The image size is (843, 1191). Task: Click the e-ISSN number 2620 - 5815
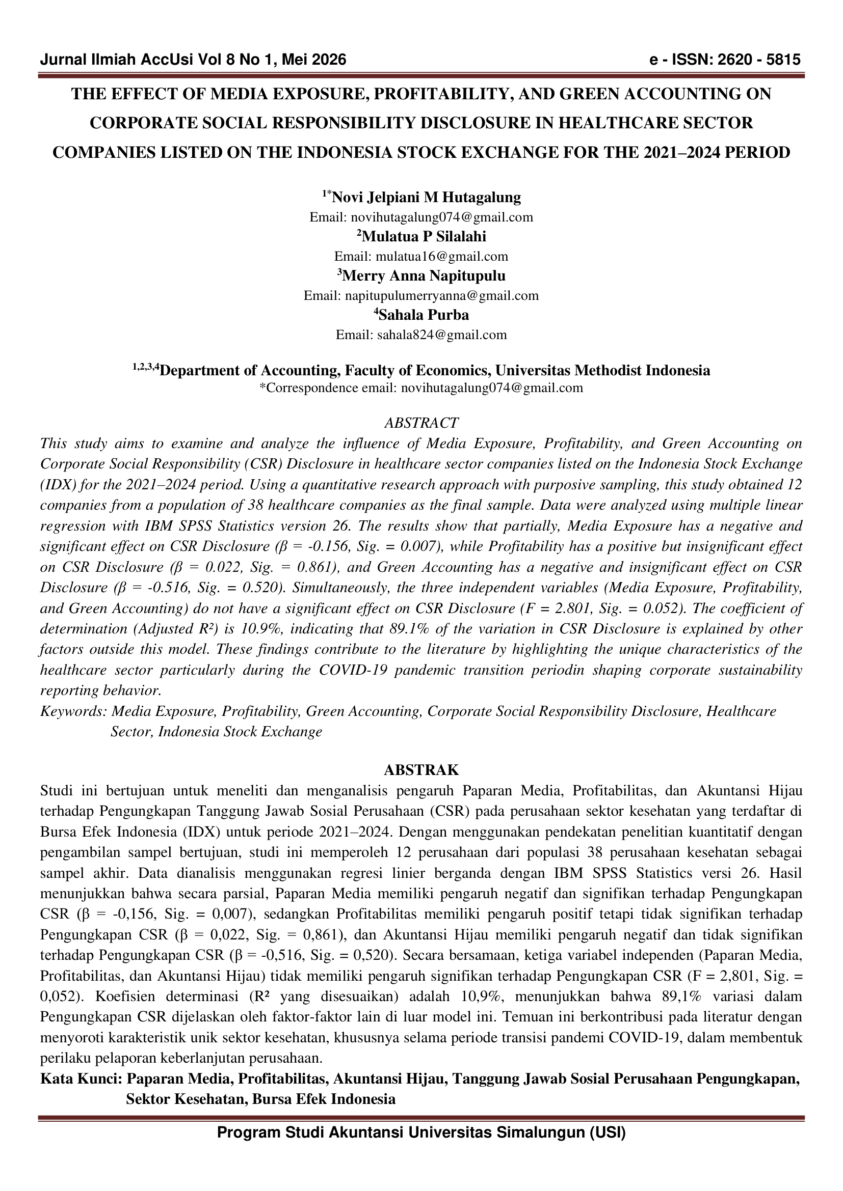pyautogui.click(x=758, y=60)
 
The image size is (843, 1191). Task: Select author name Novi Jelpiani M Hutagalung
pyautogui.click(x=426, y=197)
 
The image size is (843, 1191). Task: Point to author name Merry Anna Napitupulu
pyautogui.click(x=424, y=275)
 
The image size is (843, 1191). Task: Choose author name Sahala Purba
pyautogui.click(x=424, y=315)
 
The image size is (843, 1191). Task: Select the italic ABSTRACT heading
pyautogui.click(x=421, y=423)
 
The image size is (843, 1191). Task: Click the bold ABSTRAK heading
pyautogui.click(x=421, y=769)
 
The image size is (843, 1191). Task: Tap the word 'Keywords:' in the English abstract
pyautogui.click(x=73, y=711)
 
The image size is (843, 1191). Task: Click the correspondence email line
pyautogui.click(x=421, y=388)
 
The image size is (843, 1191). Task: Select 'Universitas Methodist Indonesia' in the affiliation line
pyautogui.click(x=602, y=370)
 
